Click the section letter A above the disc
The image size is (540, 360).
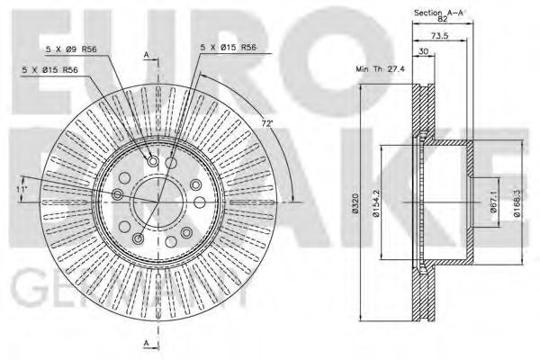145,55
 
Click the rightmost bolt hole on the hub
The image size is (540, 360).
194,184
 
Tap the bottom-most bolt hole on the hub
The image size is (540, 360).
138,238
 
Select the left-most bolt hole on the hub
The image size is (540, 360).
118,195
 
